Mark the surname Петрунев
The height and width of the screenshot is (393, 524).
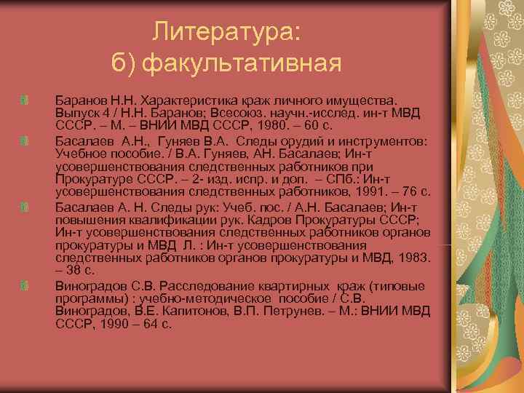tap(277, 311)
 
